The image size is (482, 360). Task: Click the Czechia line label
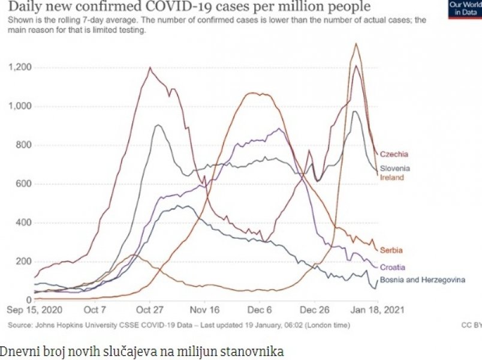(394, 154)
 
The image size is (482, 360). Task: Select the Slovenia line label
(396, 169)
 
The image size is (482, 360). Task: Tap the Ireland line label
(392, 178)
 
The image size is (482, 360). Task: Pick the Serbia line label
(391, 250)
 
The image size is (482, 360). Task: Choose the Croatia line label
(393, 267)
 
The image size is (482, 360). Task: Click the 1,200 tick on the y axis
(20, 67)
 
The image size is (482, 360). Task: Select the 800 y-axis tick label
(23, 145)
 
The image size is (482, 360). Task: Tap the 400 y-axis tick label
(23, 223)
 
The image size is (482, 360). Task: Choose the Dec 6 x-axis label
(261, 311)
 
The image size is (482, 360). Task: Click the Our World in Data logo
(465, 9)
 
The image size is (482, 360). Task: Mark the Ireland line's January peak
(357, 43)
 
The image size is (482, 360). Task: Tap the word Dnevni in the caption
(17, 349)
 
